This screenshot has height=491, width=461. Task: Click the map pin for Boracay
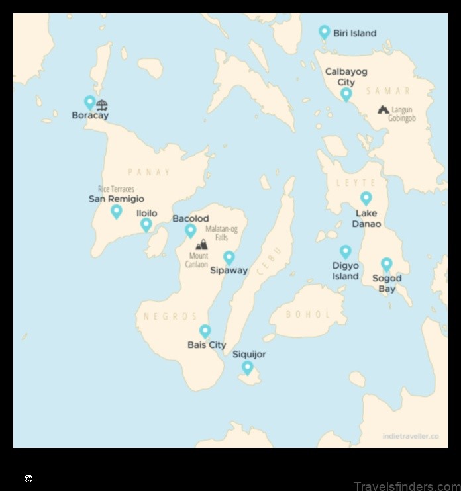[x=90, y=102]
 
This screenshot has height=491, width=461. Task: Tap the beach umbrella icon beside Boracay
[x=102, y=105]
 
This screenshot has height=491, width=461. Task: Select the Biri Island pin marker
[x=324, y=32]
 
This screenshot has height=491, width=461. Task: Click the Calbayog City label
[x=346, y=77]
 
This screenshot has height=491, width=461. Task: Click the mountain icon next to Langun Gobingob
[x=383, y=110]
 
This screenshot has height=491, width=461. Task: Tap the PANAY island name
[x=149, y=173]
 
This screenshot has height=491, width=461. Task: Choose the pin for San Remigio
[x=116, y=211]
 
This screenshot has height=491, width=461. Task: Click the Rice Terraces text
[x=116, y=189]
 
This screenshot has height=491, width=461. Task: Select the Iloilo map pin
[x=146, y=225]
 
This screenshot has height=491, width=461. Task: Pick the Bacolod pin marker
[x=190, y=230]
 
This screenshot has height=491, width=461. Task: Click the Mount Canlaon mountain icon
[x=201, y=245]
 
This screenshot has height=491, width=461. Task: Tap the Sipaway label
[x=229, y=270]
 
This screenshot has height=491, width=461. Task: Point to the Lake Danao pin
[x=366, y=198]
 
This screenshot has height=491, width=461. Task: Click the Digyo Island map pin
[x=345, y=251]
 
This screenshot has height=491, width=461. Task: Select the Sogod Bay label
[x=387, y=283]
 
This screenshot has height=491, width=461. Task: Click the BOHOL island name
[x=307, y=315]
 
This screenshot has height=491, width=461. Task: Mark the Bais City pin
[x=205, y=331]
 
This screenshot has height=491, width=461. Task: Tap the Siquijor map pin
[x=247, y=367]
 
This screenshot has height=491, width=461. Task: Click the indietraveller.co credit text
[x=411, y=436]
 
